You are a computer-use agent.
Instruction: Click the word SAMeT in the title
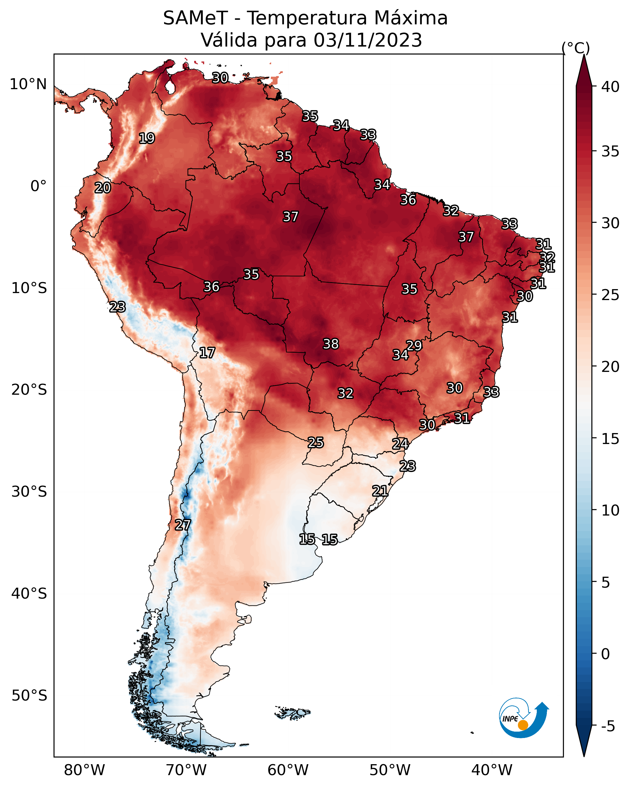click(x=195, y=18)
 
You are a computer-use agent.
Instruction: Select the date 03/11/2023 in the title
click(x=368, y=40)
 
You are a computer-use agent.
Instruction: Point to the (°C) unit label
click(x=575, y=48)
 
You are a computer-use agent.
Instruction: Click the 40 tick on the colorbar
click(x=610, y=86)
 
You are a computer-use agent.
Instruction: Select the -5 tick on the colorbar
click(x=608, y=726)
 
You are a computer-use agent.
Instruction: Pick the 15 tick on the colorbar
click(x=610, y=439)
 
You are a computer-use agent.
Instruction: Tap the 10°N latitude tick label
click(x=28, y=84)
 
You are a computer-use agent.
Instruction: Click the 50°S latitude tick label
click(x=29, y=696)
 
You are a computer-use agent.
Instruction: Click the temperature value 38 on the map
click(x=331, y=344)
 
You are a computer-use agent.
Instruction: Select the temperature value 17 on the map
click(x=207, y=353)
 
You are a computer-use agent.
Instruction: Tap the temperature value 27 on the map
click(x=183, y=525)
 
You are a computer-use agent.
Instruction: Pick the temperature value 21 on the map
click(x=380, y=491)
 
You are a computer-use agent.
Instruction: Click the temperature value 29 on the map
click(x=414, y=345)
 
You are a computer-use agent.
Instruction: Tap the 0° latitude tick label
click(x=38, y=186)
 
